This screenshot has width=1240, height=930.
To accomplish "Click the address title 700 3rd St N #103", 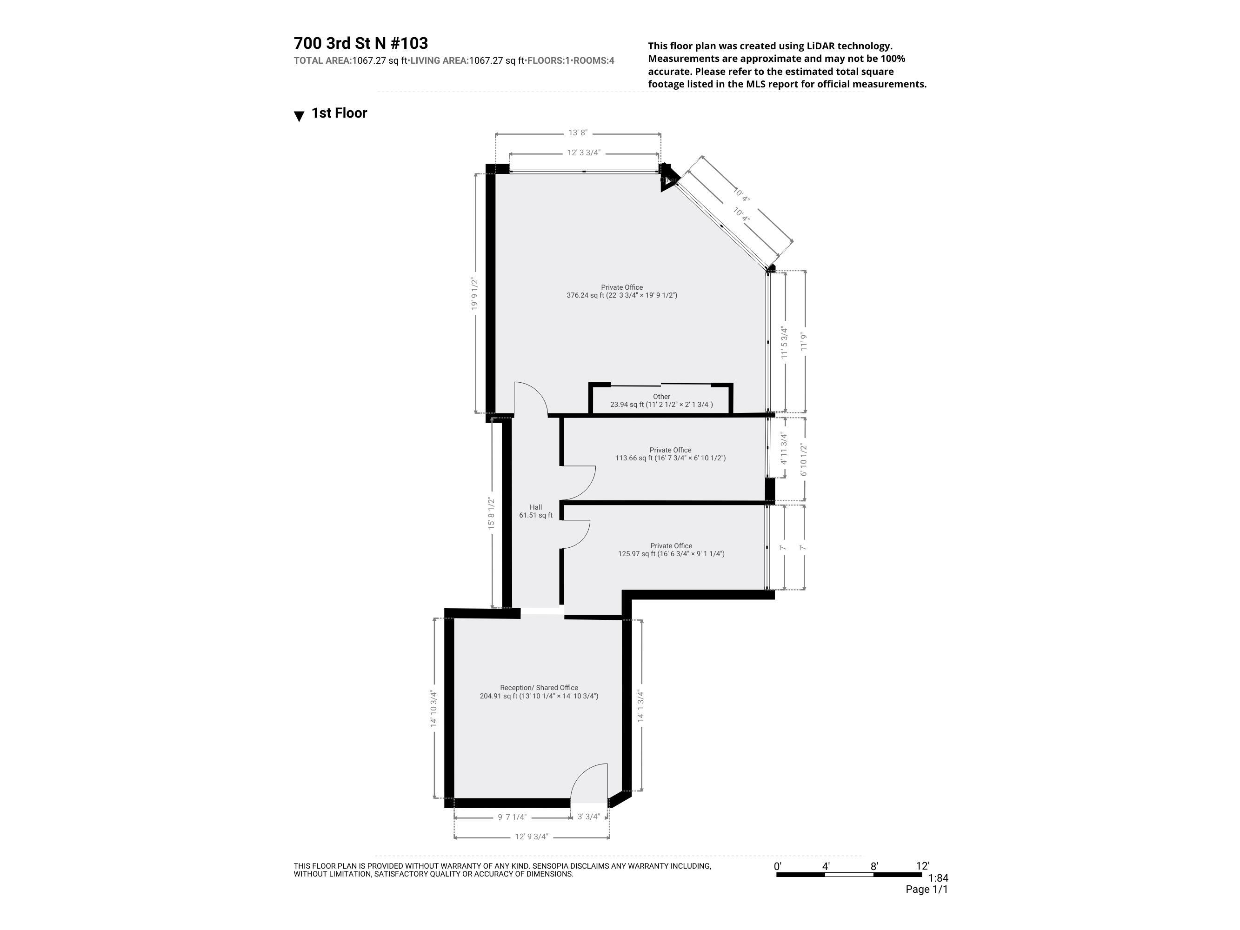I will pyautogui.click(x=360, y=43).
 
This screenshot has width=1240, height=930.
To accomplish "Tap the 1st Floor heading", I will pyautogui.click(x=339, y=113).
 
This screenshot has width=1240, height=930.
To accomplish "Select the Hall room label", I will pyautogui.click(x=535, y=511).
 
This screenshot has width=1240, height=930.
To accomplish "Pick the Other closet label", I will pyautogui.click(x=661, y=400).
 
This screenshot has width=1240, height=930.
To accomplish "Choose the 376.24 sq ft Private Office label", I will pyautogui.click(x=622, y=291).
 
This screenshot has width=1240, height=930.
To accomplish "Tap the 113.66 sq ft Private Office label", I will pyautogui.click(x=670, y=454).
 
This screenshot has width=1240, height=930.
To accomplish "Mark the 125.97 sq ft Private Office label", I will pyautogui.click(x=671, y=549).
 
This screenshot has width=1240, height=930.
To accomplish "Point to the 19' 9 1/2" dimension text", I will pyautogui.click(x=475, y=294).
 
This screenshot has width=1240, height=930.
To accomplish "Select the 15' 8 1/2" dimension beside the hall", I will pyautogui.click(x=492, y=513).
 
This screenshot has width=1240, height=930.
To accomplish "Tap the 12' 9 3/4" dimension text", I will pyautogui.click(x=532, y=837).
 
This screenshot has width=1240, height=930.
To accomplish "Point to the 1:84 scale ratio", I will pyautogui.click(x=939, y=878).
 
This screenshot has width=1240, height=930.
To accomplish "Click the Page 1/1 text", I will pyautogui.click(x=927, y=889).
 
